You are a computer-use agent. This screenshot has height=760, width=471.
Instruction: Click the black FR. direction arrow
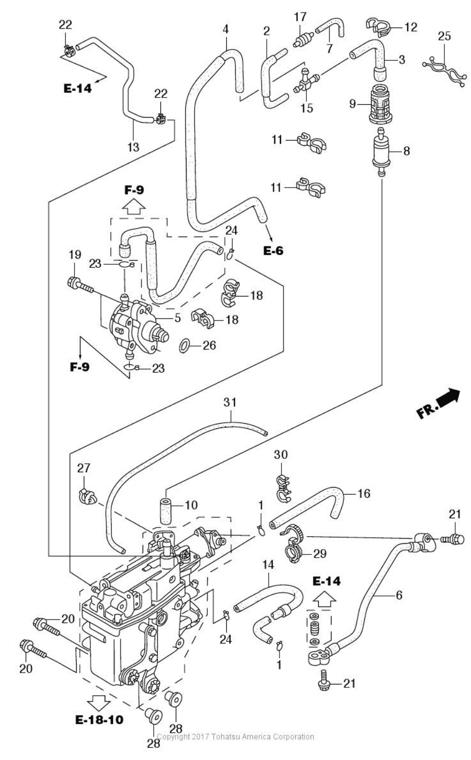click(x=448, y=397)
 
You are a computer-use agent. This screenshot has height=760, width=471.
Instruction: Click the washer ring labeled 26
click(x=184, y=346)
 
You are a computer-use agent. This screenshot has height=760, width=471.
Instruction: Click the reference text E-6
click(x=273, y=250)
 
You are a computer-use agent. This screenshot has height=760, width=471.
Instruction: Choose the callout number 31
click(x=230, y=402)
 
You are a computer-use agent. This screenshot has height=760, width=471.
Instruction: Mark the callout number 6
click(x=399, y=595)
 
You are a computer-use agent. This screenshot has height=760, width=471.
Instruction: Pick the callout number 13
click(x=133, y=147)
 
